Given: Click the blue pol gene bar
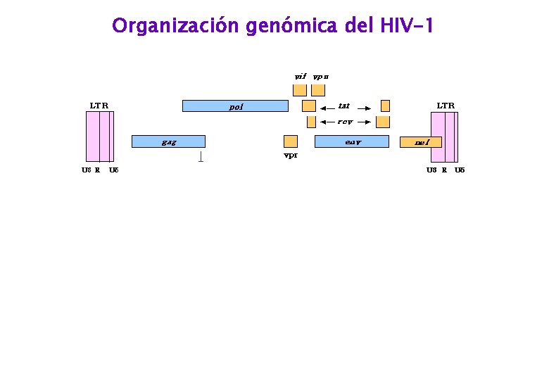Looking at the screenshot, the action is (235, 106).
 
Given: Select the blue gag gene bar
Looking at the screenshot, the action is (168, 141).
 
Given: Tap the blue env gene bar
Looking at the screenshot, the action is (351, 141).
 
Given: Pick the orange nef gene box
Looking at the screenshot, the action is (421, 142).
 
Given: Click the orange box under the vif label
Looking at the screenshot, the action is (300, 89).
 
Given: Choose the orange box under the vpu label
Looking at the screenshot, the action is (318, 89).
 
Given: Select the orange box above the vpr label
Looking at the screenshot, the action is (290, 141).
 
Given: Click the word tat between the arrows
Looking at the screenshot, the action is (343, 106).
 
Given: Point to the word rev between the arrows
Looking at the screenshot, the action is (344, 122).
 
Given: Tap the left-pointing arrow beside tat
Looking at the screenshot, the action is (327, 108).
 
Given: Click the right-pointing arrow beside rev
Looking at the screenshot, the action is (363, 122).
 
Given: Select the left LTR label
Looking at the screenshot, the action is (99, 106).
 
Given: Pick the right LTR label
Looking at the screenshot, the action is (446, 106).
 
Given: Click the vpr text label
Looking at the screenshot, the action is (290, 156).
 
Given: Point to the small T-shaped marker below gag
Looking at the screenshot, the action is (201, 157).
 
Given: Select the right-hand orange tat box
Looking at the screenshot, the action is (385, 106).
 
